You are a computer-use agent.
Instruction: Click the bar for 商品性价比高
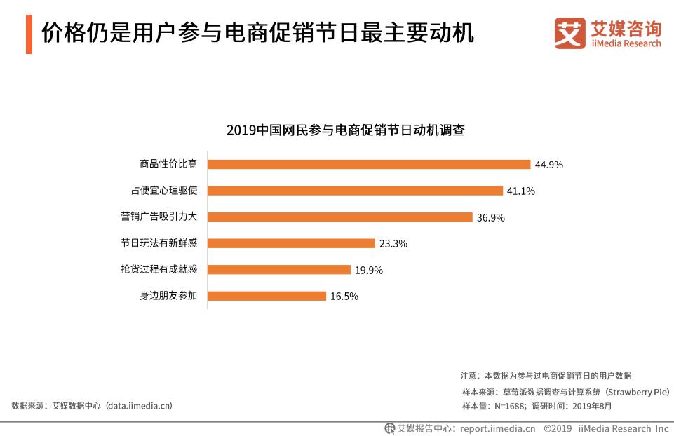(x=369, y=164)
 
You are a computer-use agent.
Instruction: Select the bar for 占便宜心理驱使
(x=356, y=191)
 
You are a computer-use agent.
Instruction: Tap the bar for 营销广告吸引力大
(x=340, y=217)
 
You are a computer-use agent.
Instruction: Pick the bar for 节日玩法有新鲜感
(x=292, y=243)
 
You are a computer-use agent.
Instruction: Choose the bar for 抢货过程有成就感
(x=279, y=270)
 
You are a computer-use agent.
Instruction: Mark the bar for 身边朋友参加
(x=267, y=296)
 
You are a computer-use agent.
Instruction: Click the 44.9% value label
(x=549, y=165)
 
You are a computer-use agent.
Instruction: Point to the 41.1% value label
(x=522, y=191)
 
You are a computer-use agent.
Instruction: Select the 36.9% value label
(x=491, y=218)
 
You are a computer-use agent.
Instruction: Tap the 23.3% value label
(x=393, y=244)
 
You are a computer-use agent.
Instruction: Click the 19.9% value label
(x=369, y=271)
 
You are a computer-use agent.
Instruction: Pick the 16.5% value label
(x=344, y=297)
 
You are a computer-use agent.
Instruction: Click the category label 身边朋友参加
(x=168, y=296)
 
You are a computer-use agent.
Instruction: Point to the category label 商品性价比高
(x=168, y=164)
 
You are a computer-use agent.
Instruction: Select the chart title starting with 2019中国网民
(x=346, y=130)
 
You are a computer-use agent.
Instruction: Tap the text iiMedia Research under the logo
(x=626, y=43)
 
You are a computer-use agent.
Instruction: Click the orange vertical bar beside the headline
(x=29, y=33)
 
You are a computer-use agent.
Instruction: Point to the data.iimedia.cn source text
(x=138, y=406)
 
